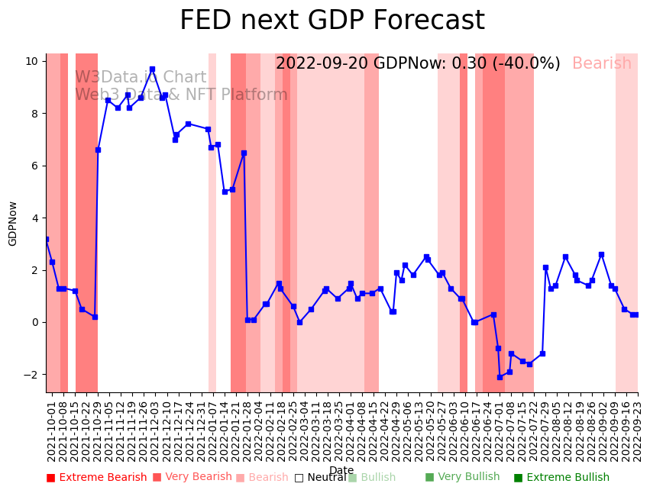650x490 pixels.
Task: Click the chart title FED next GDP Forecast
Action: point(331,21)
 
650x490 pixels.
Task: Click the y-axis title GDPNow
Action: point(13,223)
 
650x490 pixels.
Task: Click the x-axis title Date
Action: point(341,470)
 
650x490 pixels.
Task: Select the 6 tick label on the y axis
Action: point(35,166)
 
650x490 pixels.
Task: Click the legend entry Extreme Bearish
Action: point(96,478)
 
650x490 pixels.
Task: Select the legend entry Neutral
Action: point(320,478)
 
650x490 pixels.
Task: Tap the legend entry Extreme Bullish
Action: point(561,478)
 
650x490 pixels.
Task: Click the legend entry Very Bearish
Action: point(192,477)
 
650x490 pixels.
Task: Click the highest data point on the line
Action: point(152,69)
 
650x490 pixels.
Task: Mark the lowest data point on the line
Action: point(500,377)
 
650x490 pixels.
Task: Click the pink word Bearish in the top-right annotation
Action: point(602,64)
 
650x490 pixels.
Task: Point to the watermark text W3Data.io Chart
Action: point(141,78)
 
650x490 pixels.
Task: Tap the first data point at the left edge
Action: point(47,239)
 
